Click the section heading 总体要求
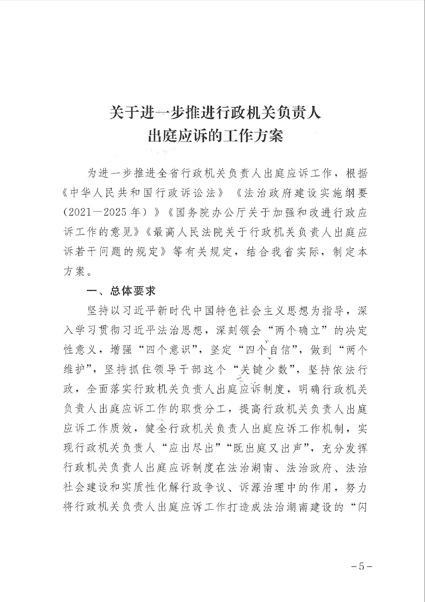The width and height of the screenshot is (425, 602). (133, 291)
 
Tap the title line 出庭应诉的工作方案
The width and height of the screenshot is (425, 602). (216, 136)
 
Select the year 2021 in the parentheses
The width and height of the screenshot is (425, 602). (79, 213)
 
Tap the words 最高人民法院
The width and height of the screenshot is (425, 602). (188, 232)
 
